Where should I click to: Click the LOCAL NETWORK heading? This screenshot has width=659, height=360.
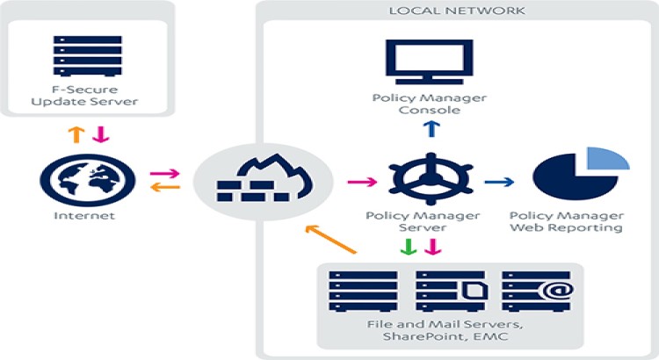[457, 11]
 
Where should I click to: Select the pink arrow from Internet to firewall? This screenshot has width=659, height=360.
[163, 175]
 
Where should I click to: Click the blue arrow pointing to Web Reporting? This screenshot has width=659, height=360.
[501, 182]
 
